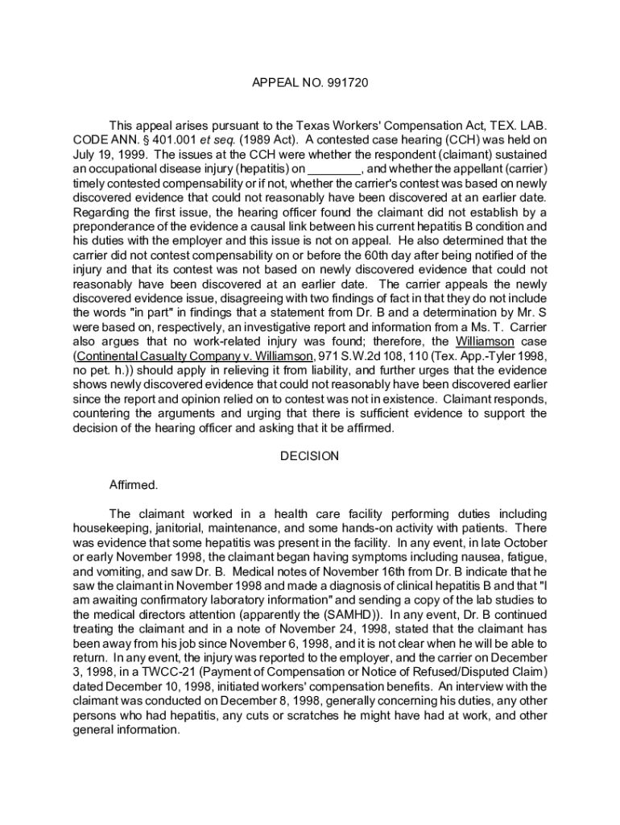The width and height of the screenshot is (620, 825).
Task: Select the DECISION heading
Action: [309, 457]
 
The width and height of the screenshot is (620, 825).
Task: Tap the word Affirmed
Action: [134, 485]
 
